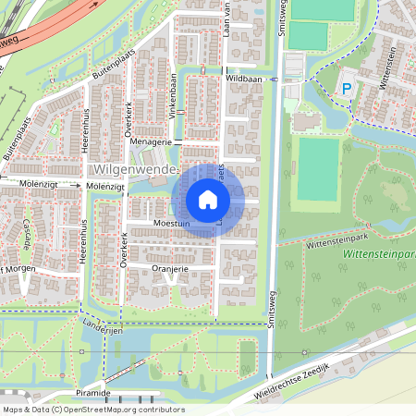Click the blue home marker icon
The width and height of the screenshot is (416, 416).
[208, 199]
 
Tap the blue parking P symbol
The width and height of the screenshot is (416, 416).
[347, 88]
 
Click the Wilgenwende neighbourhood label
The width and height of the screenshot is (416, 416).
[135, 171]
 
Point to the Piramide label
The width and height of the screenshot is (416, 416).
[93, 393]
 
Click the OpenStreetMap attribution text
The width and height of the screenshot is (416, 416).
[93, 410]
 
